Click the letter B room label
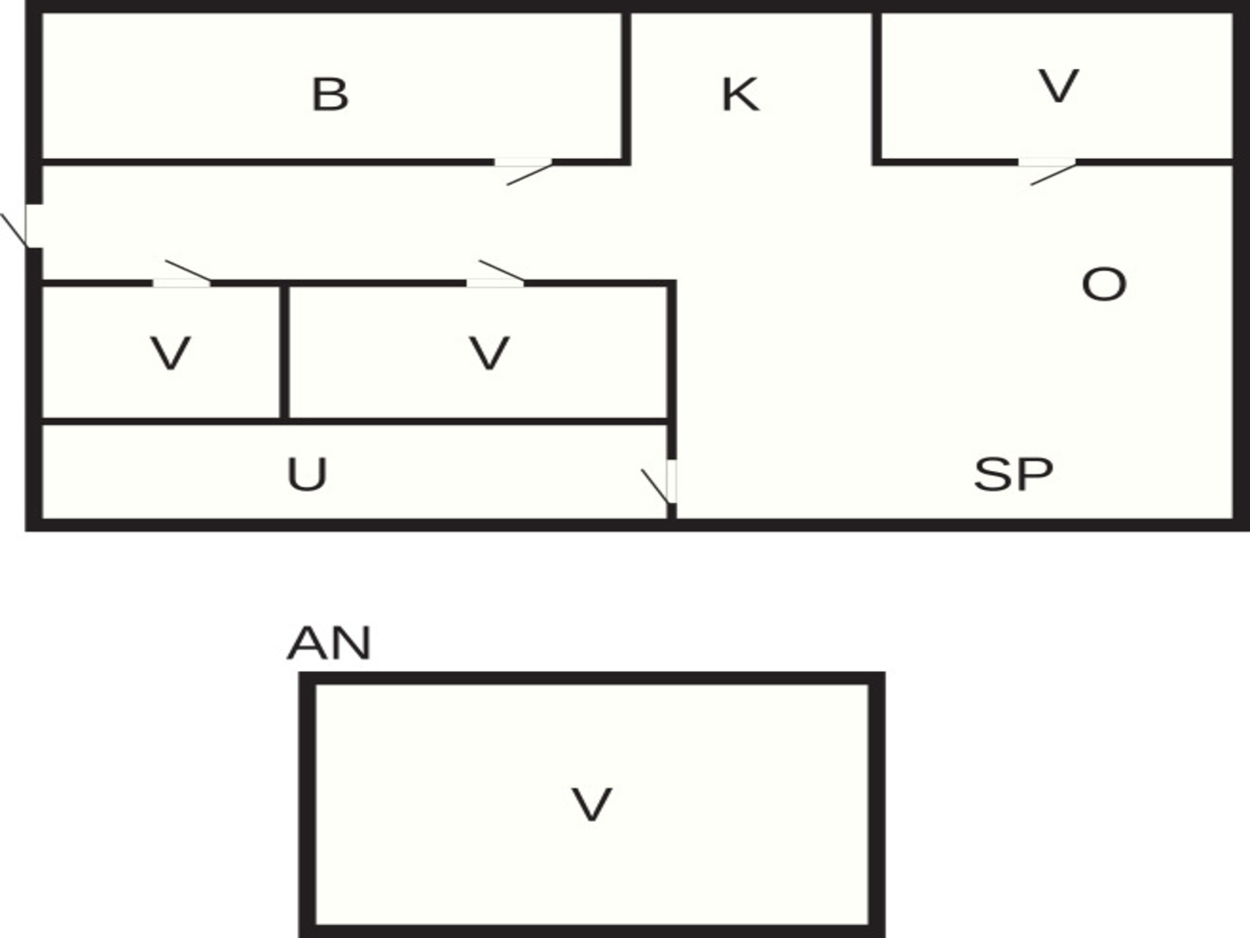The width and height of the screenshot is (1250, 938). click(x=330, y=94)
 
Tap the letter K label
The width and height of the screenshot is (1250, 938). click(x=740, y=94)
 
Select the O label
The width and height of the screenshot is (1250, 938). click(x=1104, y=284)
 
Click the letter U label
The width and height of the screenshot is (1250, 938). click(x=307, y=474)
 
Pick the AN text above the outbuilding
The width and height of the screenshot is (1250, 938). click(x=329, y=643)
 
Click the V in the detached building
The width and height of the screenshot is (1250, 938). click(x=591, y=804)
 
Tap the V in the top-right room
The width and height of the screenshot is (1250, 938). click(x=1059, y=86)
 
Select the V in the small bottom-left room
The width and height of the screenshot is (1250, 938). click(x=171, y=354)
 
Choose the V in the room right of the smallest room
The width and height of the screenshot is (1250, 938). click(x=489, y=354)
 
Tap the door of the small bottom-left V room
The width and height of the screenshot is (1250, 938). click(x=182, y=274)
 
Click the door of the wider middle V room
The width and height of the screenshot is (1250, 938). click(x=495, y=274)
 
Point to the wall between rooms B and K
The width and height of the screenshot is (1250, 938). click(x=626, y=87)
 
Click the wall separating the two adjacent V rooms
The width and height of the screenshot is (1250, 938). click(x=285, y=352)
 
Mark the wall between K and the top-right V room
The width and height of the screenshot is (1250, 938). click(x=877, y=87)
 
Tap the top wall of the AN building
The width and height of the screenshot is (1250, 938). click(x=592, y=678)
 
